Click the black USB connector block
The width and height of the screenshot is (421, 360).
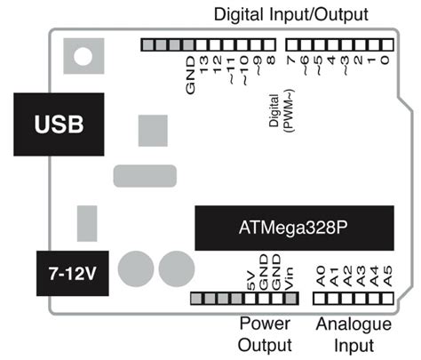(60, 124)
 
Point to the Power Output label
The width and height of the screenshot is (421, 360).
(266, 333)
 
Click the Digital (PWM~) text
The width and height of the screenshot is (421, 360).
(281, 112)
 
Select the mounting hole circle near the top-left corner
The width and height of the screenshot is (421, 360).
(82, 58)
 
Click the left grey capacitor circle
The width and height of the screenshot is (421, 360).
(137, 268)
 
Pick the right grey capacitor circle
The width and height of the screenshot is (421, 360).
(177, 268)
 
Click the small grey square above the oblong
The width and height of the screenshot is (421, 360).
(153, 128)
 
